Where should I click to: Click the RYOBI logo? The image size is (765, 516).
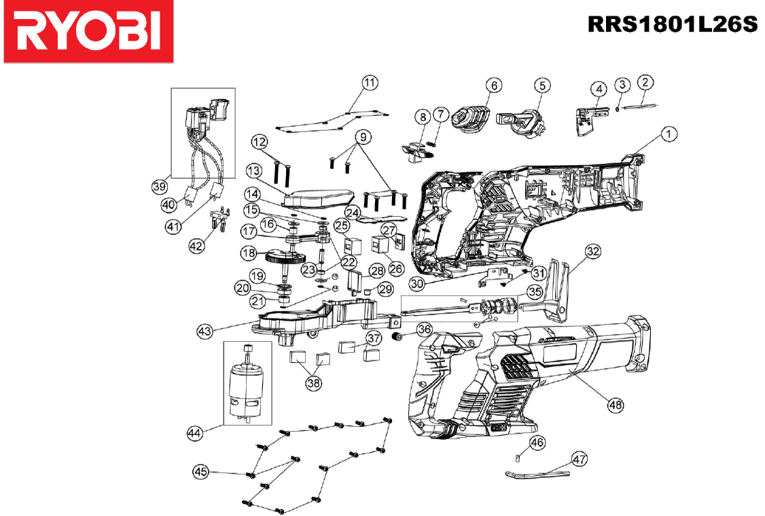point(88,31)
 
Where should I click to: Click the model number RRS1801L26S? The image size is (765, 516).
point(673,24)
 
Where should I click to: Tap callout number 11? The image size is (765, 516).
point(370,82)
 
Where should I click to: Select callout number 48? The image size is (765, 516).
point(616,405)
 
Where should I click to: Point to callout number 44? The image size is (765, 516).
point(195,433)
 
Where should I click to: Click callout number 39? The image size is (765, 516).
point(159,186)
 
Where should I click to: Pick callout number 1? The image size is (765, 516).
point(669,134)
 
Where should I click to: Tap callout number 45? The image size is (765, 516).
point(201,472)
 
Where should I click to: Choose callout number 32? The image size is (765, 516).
point(593,252)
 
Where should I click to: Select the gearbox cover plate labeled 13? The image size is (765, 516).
point(317,198)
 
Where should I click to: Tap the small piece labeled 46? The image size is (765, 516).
point(517,458)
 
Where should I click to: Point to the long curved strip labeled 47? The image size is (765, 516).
point(537,474)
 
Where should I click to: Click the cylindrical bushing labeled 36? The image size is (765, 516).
point(398,337)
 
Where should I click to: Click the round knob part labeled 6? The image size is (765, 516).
point(470,119)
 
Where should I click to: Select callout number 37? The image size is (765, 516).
point(374,338)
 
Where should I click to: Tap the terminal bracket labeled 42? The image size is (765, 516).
point(218,219)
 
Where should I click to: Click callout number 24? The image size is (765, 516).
point(352,212)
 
